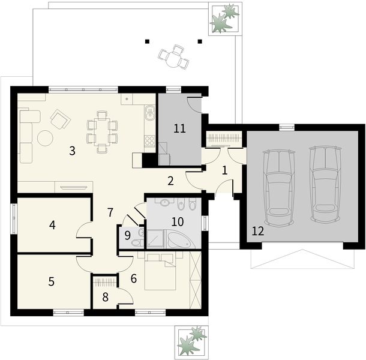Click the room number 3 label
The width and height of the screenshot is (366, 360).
71,151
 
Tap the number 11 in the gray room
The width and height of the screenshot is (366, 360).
179,128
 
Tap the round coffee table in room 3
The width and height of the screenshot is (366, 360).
46,138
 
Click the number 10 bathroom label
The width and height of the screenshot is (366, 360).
178,221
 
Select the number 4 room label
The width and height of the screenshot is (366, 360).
53,225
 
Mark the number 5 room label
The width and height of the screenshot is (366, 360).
52,280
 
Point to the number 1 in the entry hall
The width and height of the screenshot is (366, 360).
224,170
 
